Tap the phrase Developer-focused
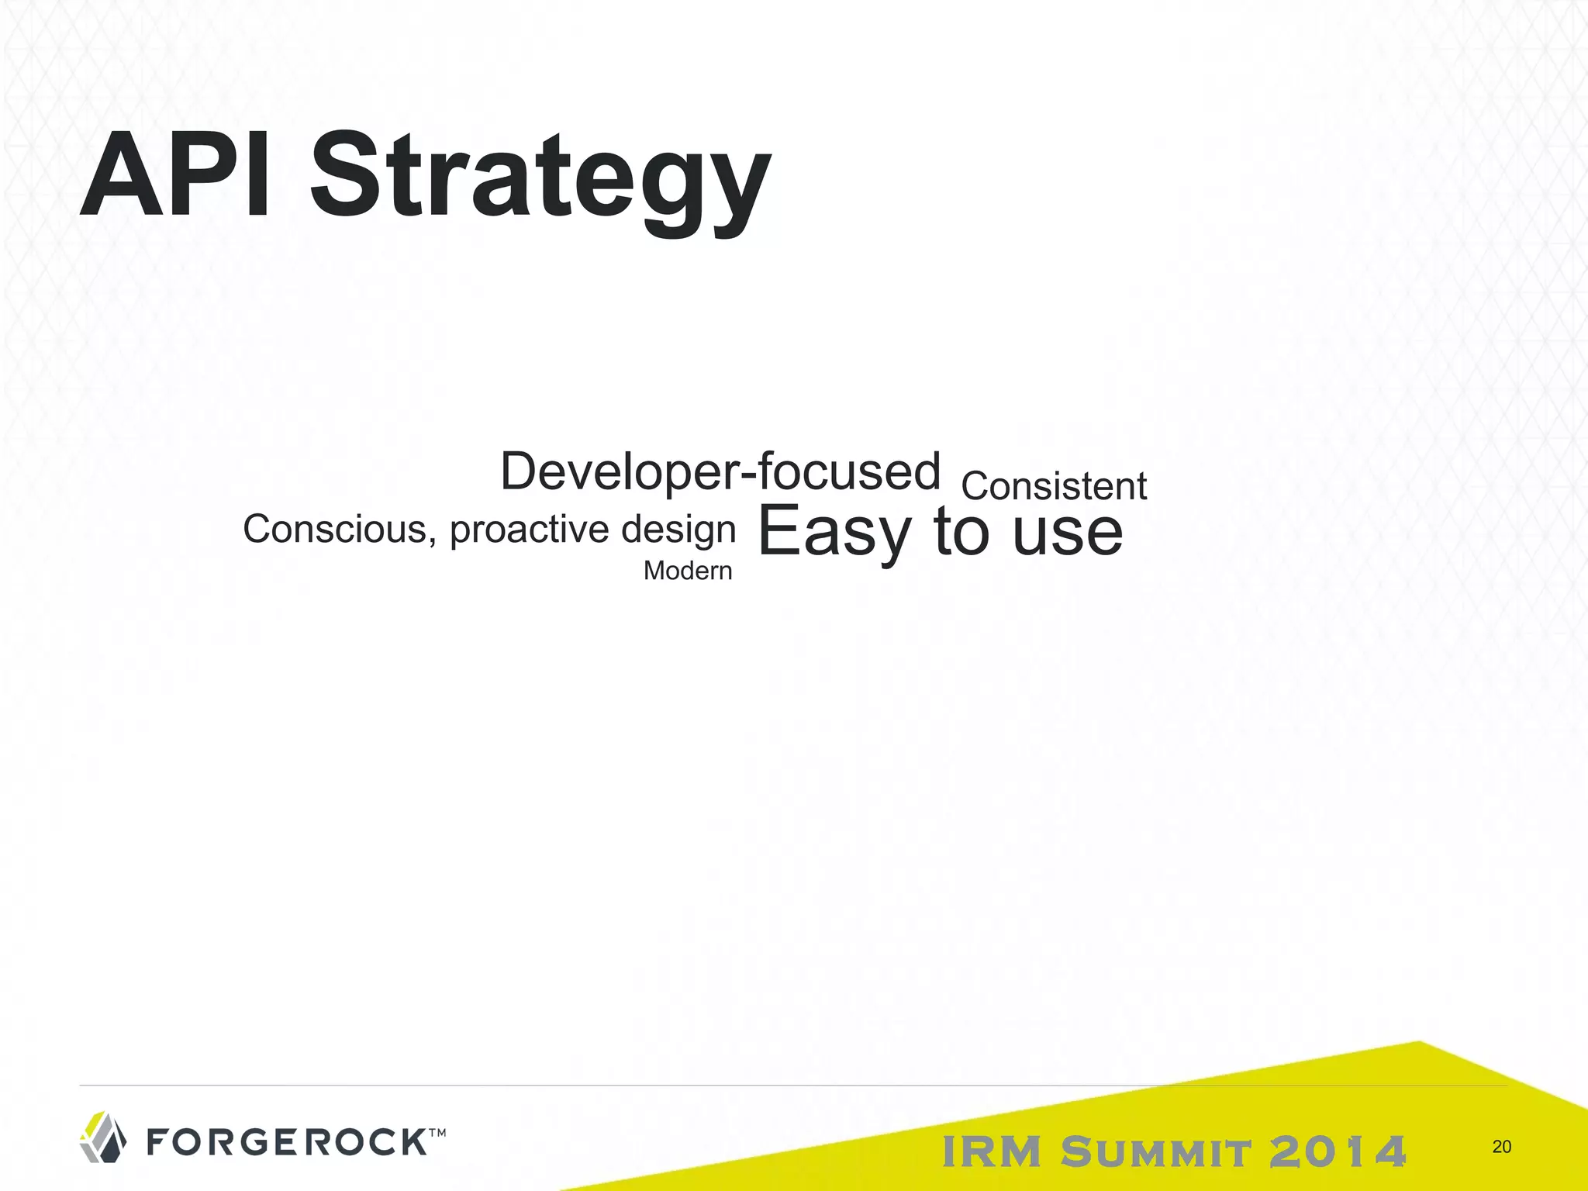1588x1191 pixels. (x=720, y=471)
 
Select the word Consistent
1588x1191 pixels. (x=1054, y=487)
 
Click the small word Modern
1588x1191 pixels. (x=688, y=571)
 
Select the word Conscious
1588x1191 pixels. (x=335, y=530)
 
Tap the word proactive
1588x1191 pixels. (x=530, y=530)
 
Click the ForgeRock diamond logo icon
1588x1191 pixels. (x=103, y=1137)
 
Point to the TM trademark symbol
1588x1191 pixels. (x=437, y=1133)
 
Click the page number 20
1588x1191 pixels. (x=1501, y=1147)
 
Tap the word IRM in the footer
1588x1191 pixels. (x=992, y=1151)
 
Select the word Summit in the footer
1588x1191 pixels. (x=1156, y=1151)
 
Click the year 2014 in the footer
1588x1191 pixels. (x=1338, y=1151)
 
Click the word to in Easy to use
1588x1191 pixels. (x=962, y=532)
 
